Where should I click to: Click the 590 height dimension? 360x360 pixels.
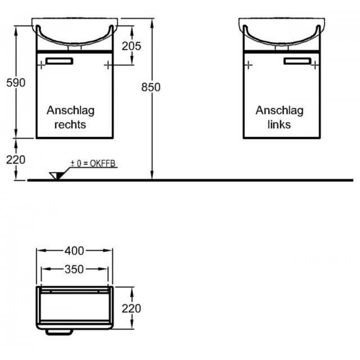16,83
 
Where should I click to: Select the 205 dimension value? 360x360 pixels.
131,46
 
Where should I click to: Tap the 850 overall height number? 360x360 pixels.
151,87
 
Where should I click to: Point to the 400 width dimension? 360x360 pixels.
74,251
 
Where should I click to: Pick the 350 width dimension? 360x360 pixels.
74,269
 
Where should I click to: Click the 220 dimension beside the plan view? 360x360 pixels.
131,309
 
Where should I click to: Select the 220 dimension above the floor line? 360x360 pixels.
16,160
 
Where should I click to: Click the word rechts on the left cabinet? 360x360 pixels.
70,125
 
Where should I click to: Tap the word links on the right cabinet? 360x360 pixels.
279,125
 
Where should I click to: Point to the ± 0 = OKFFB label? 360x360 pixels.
93,163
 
